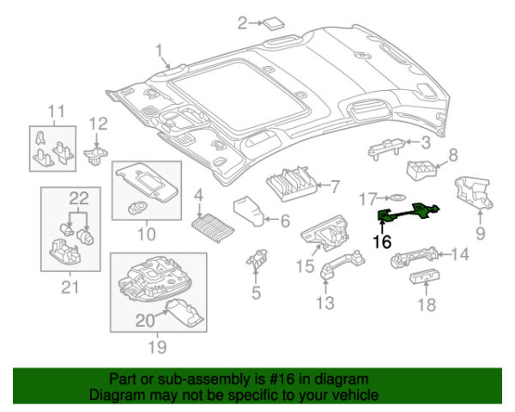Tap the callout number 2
click(x=242, y=22)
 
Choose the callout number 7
click(x=336, y=185)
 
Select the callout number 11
click(x=56, y=111)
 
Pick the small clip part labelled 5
click(x=256, y=258)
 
